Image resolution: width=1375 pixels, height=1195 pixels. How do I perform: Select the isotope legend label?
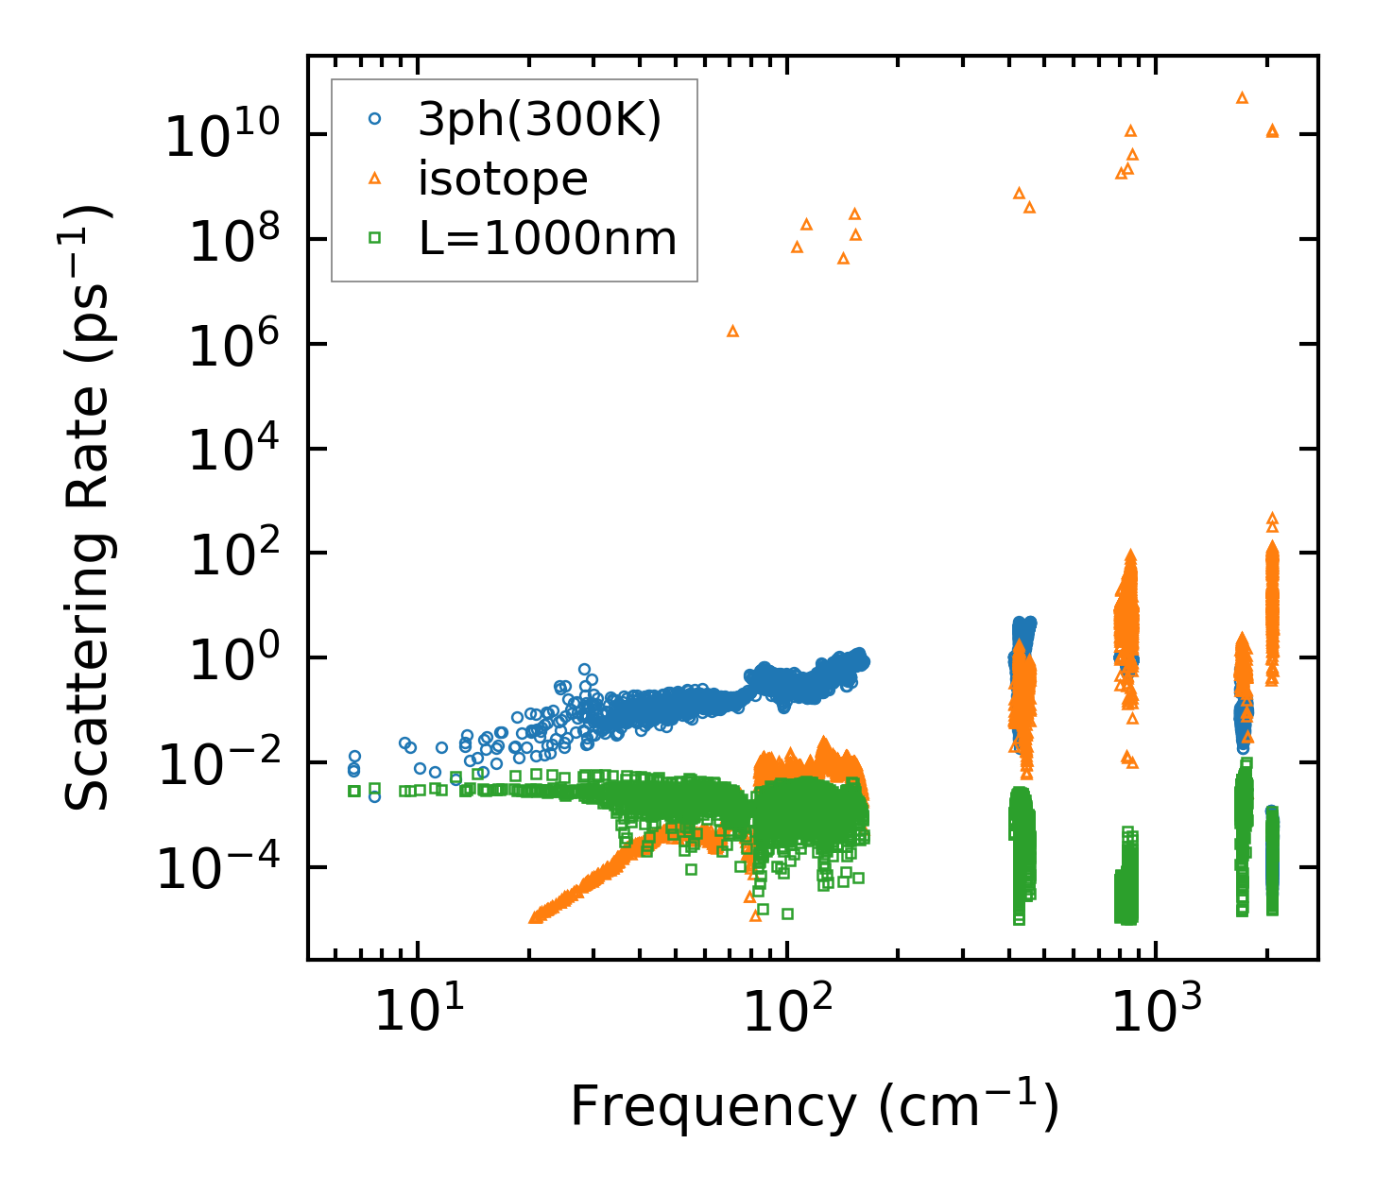(x=503, y=179)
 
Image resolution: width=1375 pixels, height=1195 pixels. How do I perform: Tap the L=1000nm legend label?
(x=548, y=239)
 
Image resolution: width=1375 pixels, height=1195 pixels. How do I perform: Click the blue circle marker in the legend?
(x=375, y=119)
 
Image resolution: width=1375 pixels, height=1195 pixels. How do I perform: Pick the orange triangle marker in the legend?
(x=375, y=178)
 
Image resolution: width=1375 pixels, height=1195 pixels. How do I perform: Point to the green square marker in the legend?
(x=375, y=239)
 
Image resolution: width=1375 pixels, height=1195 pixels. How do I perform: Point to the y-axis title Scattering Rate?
(x=88, y=508)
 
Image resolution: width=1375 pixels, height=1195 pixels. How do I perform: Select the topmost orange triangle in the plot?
(x=1243, y=97)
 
